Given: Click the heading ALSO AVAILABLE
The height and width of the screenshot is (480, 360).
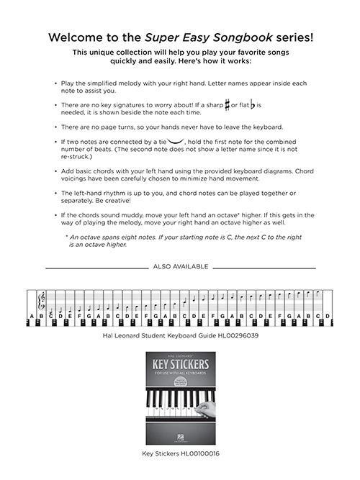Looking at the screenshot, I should [180, 266].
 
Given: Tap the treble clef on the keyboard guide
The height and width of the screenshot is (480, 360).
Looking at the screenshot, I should [41, 297].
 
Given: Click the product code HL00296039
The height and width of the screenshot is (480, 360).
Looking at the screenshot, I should [232, 335].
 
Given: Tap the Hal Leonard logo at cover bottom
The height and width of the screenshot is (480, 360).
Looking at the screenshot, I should [179, 439].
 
